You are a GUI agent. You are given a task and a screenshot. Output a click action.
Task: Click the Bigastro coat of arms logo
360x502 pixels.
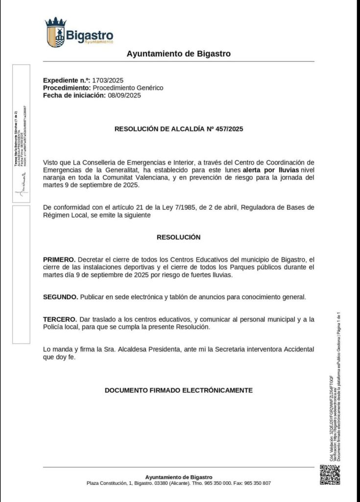(55, 33)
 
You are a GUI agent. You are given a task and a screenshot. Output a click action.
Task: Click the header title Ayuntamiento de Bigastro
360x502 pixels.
(178, 54)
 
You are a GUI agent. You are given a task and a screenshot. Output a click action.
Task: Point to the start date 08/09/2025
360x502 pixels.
(124, 96)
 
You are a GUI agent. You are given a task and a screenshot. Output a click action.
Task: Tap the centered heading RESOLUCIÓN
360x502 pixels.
(178, 237)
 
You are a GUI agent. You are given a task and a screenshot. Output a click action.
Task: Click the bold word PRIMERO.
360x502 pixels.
(59, 259)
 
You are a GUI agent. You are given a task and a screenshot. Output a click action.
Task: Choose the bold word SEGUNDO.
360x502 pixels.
(60, 297)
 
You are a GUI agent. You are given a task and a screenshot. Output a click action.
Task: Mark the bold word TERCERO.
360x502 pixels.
(59, 319)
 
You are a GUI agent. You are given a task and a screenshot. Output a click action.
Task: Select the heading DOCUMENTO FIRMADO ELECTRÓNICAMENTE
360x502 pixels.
(178, 390)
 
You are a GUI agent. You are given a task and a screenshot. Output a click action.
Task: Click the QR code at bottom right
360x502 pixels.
(330, 475)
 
